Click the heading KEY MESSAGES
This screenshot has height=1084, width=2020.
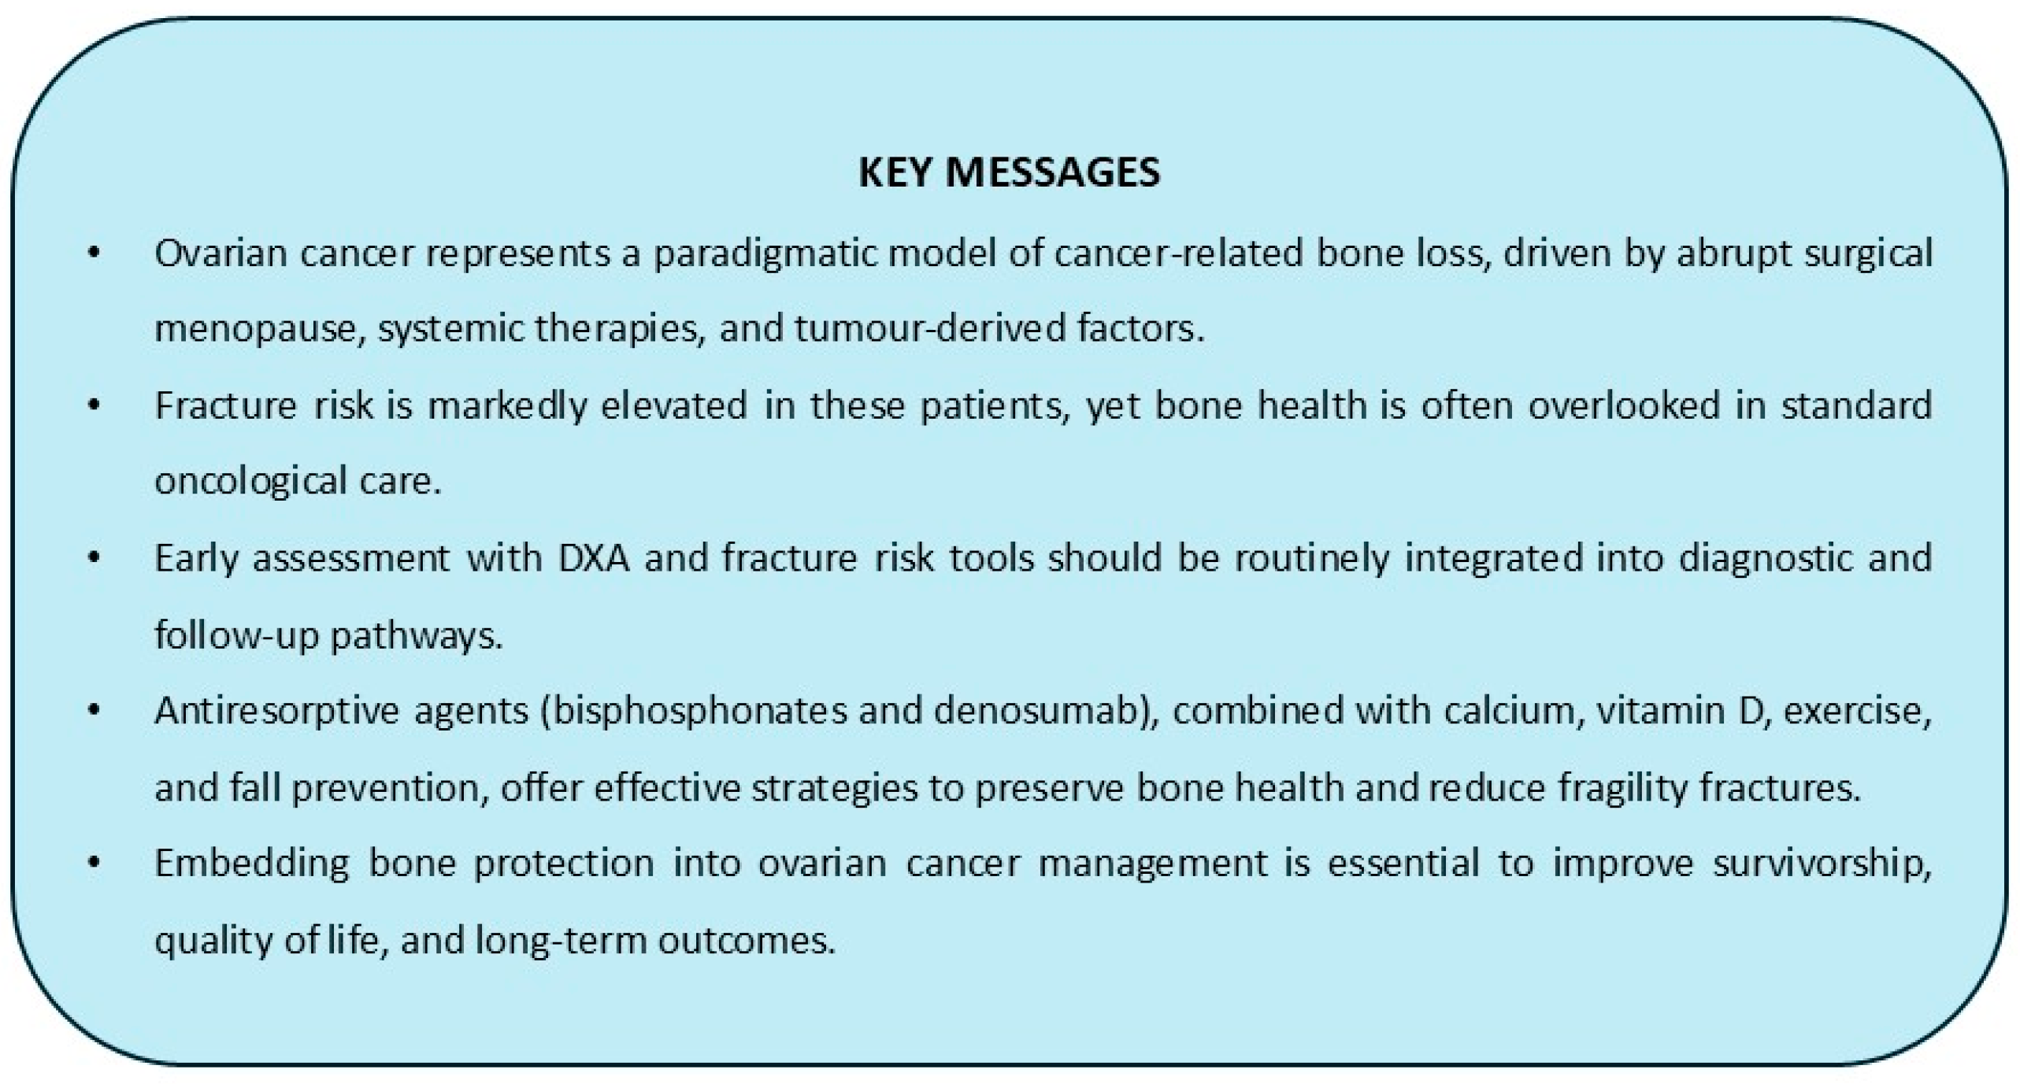click(x=1009, y=172)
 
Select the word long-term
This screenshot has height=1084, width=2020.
click(x=561, y=941)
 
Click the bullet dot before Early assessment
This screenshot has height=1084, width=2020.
click(x=95, y=559)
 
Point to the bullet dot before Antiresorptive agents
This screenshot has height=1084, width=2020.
click(x=95, y=712)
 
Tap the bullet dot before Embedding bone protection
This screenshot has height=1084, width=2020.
click(x=95, y=864)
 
